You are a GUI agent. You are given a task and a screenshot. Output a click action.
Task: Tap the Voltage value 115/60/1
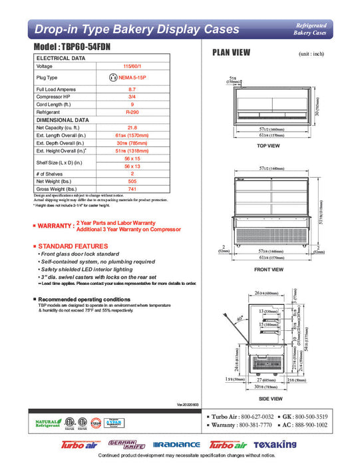(131, 67)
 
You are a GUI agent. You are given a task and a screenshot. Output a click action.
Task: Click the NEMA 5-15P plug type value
(130, 78)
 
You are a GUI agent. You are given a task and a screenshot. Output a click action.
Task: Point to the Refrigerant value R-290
(131, 113)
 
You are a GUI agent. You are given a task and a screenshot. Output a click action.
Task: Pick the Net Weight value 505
(131, 181)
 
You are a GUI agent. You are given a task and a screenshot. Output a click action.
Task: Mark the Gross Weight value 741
(131, 189)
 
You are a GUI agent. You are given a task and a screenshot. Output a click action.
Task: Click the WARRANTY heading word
(56, 226)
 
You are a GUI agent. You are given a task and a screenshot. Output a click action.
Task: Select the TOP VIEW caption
(268, 146)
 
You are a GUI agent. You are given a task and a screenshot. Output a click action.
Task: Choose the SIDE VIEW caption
(268, 398)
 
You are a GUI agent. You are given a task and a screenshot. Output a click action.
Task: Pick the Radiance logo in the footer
(176, 445)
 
